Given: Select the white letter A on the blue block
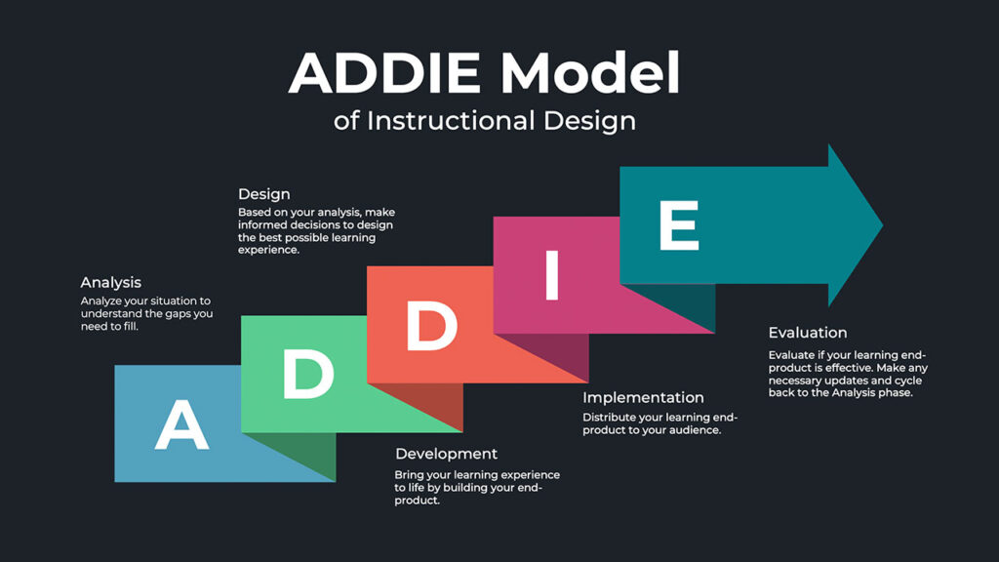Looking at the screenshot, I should pyautogui.click(x=181, y=425).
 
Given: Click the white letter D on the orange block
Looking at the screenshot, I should pyautogui.click(x=431, y=326).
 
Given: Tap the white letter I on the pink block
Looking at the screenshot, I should pyautogui.click(x=551, y=275).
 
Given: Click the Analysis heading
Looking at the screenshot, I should pyautogui.click(x=110, y=283).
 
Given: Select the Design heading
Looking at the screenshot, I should pyautogui.click(x=263, y=194).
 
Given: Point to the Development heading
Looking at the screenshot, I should pyautogui.click(x=446, y=454).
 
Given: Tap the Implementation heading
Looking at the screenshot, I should pyautogui.click(x=643, y=398).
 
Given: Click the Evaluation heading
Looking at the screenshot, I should pyautogui.click(x=808, y=333).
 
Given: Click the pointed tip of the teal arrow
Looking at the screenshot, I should pyautogui.click(x=880, y=225).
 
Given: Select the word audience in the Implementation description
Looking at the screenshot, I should pyautogui.click(x=694, y=430).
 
